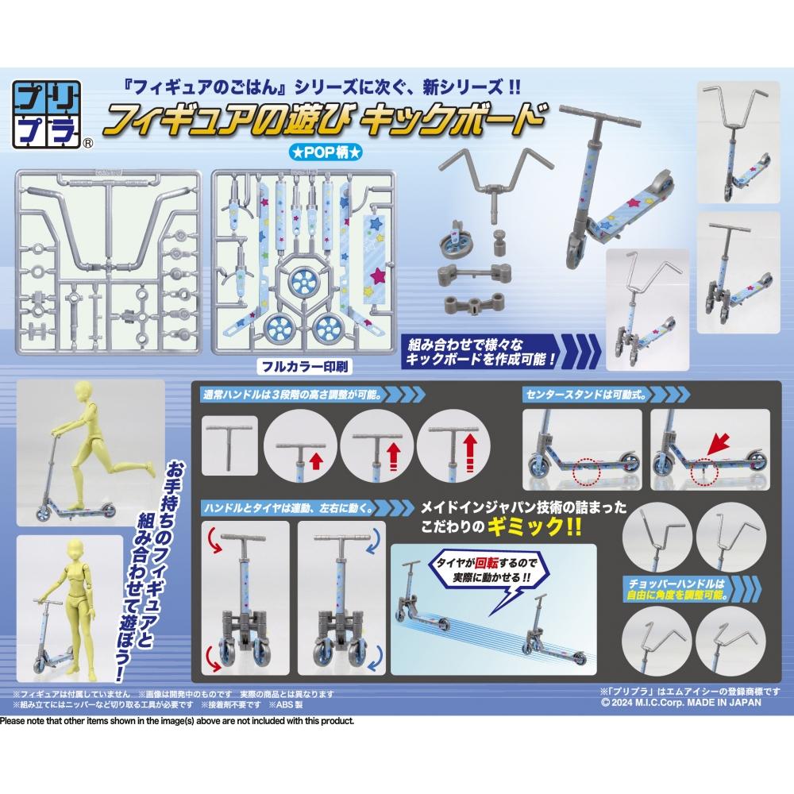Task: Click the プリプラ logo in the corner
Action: tap(49, 114)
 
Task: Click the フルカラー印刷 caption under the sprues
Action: tap(304, 368)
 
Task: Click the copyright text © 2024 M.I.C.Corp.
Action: tap(680, 702)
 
